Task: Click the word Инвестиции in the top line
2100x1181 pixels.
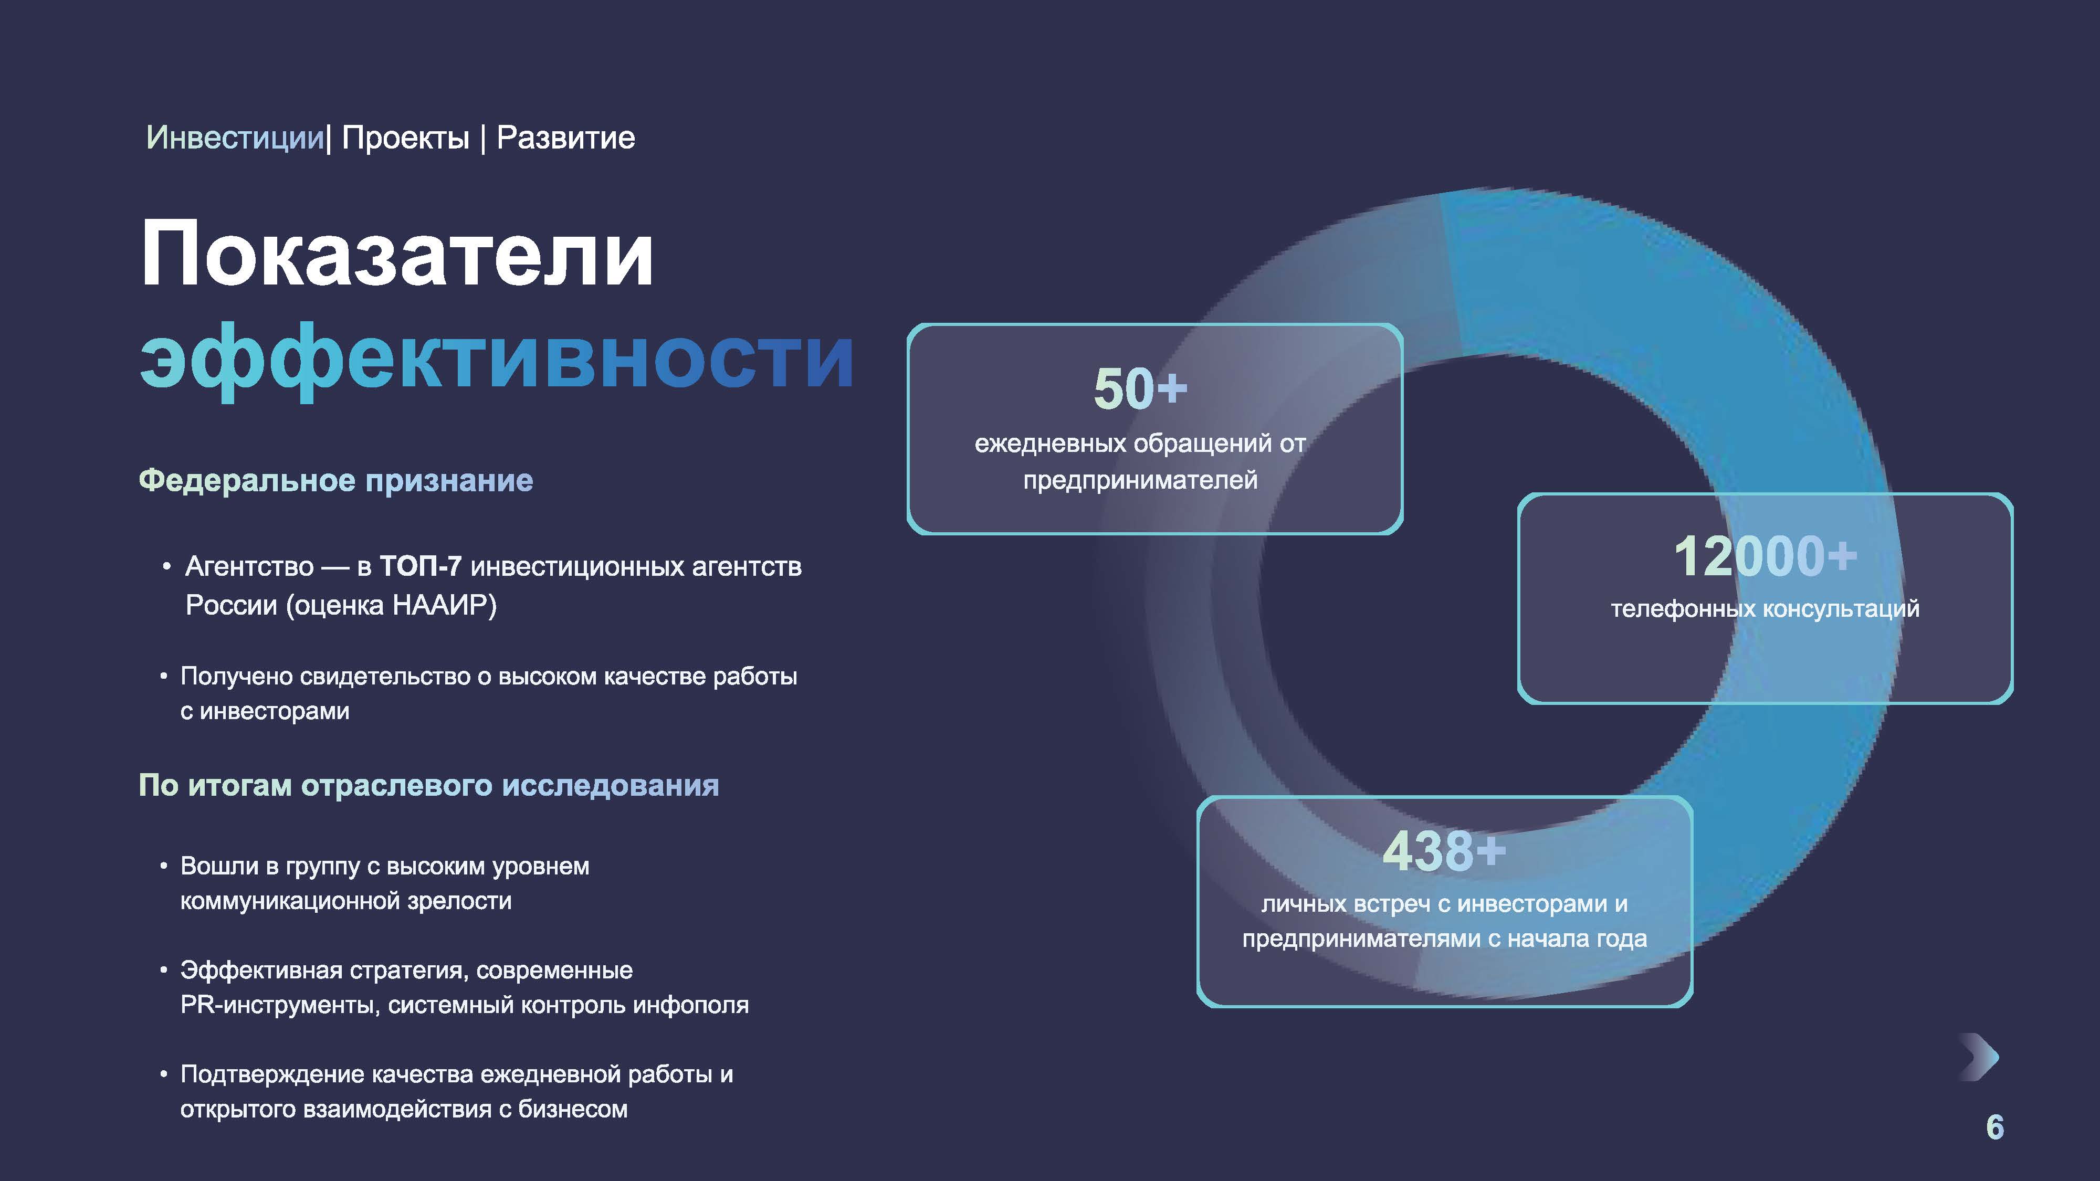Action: (x=235, y=138)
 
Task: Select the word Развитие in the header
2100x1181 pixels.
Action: (x=566, y=138)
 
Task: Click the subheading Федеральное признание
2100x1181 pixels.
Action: (x=336, y=481)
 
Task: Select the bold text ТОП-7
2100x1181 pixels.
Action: (x=421, y=566)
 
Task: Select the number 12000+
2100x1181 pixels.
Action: (x=1766, y=557)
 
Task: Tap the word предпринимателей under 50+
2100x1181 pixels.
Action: (x=1140, y=480)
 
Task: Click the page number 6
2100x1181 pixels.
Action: (x=1995, y=1127)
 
